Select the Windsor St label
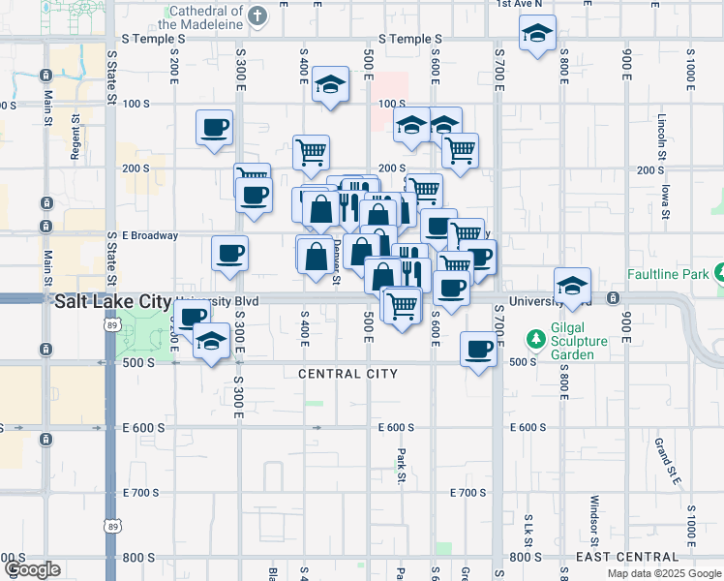[594, 520]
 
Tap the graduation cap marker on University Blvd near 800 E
[572, 285]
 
